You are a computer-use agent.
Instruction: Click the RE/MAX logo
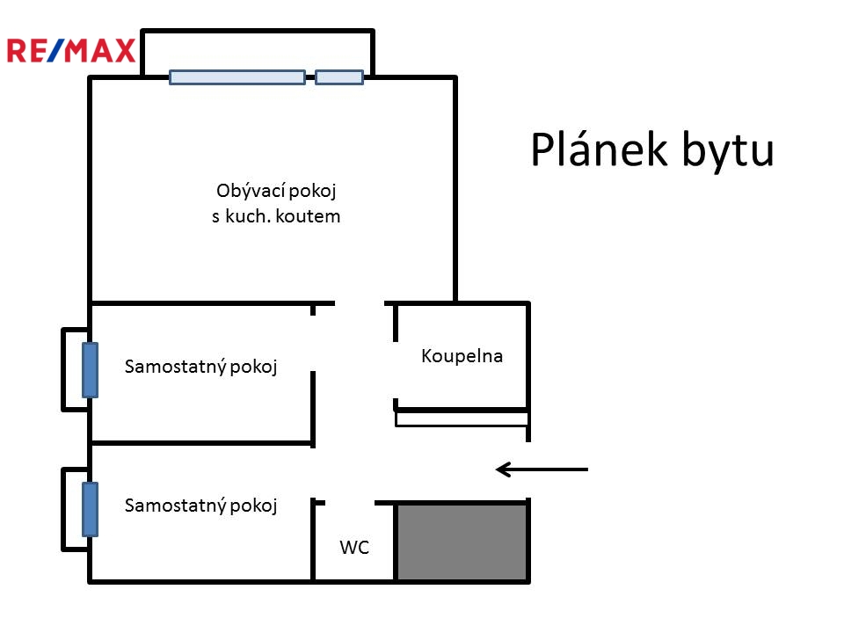click(x=70, y=51)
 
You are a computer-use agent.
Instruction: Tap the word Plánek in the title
click(x=599, y=149)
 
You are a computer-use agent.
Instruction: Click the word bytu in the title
click(x=728, y=151)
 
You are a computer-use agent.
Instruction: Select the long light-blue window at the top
click(x=237, y=77)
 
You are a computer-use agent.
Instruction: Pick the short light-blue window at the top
click(x=339, y=77)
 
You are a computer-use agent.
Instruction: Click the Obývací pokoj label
click(x=276, y=191)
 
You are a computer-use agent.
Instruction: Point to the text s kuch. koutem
click(x=276, y=216)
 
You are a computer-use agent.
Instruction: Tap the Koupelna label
click(x=462, y=356)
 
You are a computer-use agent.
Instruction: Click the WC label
click(x=354, y=548)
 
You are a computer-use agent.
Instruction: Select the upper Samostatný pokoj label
click(x=200, y=367)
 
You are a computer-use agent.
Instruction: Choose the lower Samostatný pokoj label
click(x=200, y=506)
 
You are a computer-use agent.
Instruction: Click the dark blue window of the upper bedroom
click(x=90, y=370)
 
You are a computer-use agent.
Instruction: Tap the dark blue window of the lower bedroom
click(x=90, y=509)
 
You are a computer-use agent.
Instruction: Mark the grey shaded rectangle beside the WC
click(x=462, y=542)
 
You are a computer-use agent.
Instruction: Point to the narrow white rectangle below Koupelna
click(x=462, y=419)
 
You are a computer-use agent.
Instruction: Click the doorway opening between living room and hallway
click(x=360, y=303)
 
